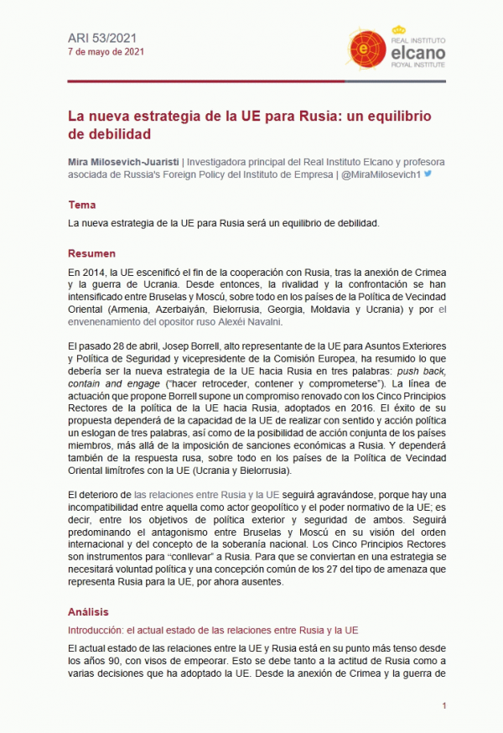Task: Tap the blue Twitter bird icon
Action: (x=428, y=174)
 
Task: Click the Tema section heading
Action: (x=82, y=205)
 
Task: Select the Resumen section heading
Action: (x=91, y=253)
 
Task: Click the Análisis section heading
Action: (x=88, y=612)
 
